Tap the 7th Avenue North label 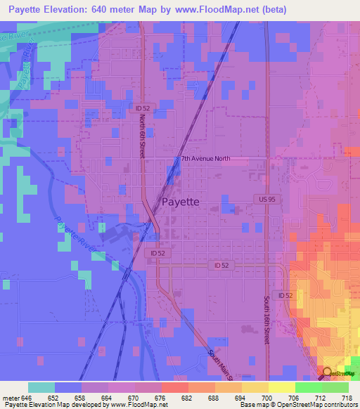205,159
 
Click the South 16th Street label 267,319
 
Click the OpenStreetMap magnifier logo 327,371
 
